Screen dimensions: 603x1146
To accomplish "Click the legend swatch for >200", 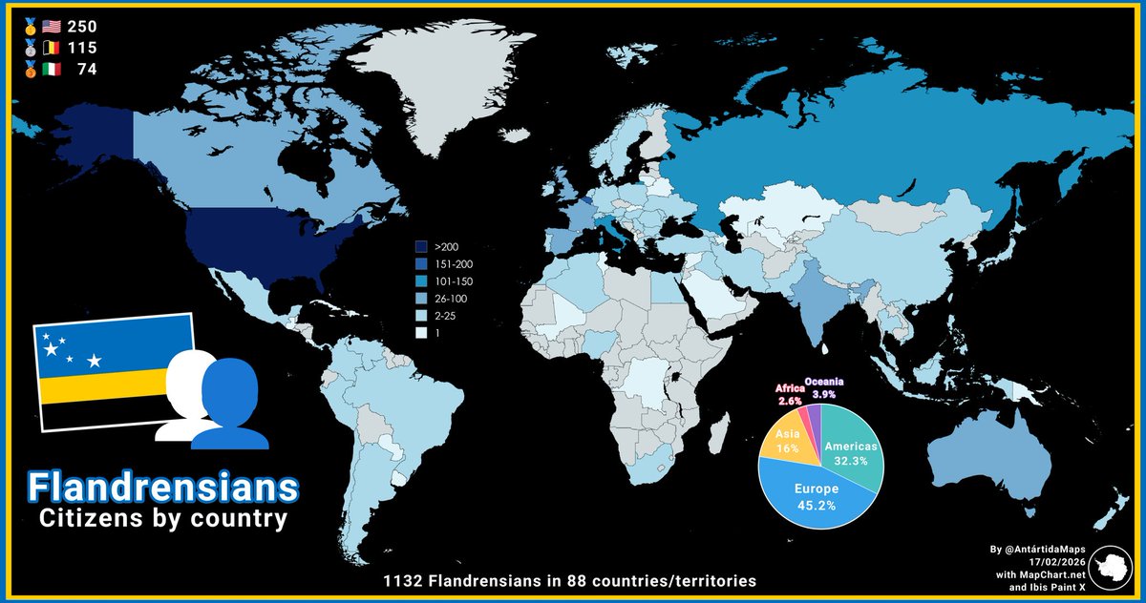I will pos(422,246).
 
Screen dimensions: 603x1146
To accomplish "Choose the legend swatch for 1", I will pos(422,333).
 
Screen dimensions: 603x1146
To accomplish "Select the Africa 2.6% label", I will pos(789,394).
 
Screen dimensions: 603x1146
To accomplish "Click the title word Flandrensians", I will pos(161,486).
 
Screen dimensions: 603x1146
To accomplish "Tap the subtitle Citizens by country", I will pos(161,520).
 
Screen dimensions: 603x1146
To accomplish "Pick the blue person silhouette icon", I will pos(230,405).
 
